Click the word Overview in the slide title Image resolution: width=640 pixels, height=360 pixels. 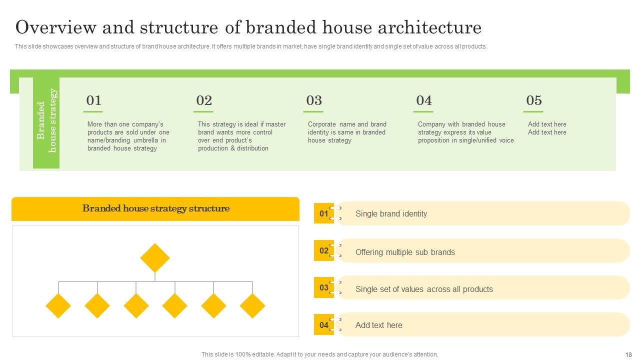click(56, 27)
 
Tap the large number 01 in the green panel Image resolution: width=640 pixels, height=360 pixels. click(93, 100)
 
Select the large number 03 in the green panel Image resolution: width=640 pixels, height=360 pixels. click(313, 100)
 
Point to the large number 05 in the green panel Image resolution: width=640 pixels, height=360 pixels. click(533, 100)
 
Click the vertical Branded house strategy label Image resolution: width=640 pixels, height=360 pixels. click(46, 120)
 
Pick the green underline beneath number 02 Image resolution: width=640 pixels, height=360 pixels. click(203, 111)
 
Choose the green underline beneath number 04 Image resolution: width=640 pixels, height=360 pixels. click(423, 111)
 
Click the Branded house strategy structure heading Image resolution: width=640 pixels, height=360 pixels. click(155, 208)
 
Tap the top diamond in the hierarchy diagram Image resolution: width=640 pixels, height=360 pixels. click(155, 257)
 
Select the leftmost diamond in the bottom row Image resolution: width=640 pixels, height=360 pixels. click(58, 305)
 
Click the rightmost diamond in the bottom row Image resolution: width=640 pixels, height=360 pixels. click(252, 305)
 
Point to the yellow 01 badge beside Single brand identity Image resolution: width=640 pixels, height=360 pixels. click(324, 213)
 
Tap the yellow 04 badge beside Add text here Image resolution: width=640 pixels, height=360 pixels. click(324, 324)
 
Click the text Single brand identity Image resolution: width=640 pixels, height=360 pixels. click(391, 213)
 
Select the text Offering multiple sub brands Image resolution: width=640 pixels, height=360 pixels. click(405, 252)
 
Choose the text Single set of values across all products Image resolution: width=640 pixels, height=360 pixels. click(424, 289)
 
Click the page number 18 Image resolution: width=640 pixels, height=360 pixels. click(628, 354)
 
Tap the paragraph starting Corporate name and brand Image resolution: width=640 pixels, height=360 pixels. click(347, 132)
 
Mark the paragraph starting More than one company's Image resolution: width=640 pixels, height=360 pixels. click(128, 136)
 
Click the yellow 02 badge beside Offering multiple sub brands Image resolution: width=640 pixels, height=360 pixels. click(324, 250)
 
